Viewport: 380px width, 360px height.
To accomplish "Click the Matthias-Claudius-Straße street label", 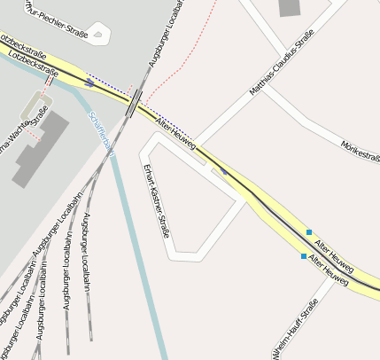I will [x=283, y=62].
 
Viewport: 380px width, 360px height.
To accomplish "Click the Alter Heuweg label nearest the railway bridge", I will [x=174, y=132].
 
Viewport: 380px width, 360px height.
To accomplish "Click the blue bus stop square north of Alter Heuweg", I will [x=309, y=232].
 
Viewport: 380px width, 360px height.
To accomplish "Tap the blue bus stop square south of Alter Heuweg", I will [x=304, y=256].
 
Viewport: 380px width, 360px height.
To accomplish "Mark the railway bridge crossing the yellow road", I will [x=134, y=103].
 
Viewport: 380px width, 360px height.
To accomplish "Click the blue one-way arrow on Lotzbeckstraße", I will [x=90, y=82].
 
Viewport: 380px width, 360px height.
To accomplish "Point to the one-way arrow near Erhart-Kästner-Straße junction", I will [x=223, y=171].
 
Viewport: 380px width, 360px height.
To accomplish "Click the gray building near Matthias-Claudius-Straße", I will [x=290, y=8].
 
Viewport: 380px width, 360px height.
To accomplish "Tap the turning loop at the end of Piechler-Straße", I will [x=97, y=36].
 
